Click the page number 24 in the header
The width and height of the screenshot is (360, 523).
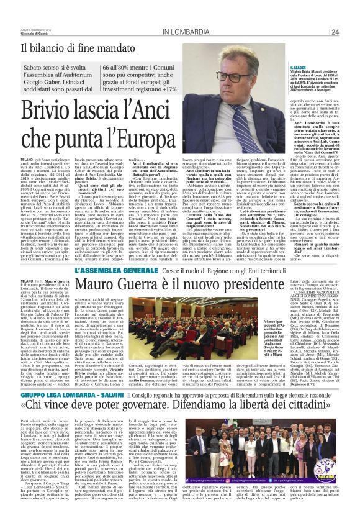pyautogui.click(x=335, y=32)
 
